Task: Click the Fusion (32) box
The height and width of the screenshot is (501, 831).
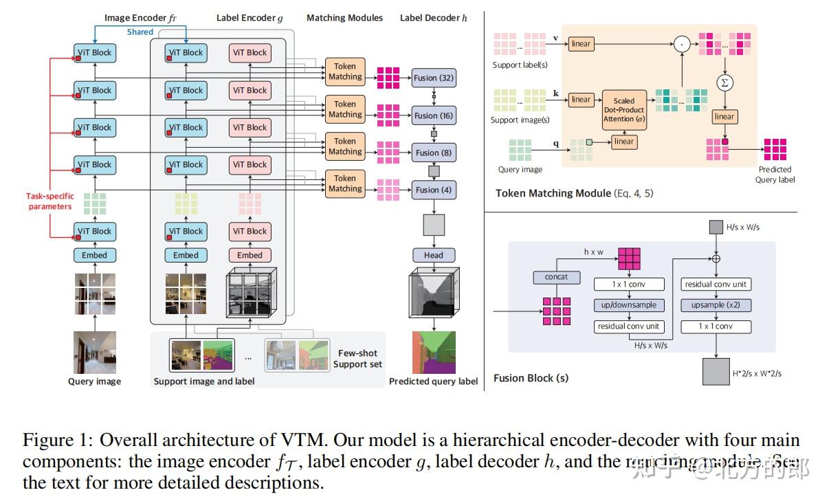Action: (x=434, y=78)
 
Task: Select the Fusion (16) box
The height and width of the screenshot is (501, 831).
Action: (x=434, y=115)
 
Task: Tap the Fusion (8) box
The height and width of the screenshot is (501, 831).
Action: (x=434, y=153)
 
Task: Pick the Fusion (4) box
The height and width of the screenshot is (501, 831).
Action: (x=434, y=190)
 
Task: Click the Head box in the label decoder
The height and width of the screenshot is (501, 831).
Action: (x=434, y=255)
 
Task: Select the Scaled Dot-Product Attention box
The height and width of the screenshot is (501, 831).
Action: (x=624, y=110)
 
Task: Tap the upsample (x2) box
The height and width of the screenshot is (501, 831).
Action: (x=716, y=305)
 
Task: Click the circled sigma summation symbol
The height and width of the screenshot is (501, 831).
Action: (x=723, y=82)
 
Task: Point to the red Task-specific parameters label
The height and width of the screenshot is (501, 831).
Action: (x=49, y=201)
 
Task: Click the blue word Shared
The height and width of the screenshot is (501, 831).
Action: (x=140, y=32)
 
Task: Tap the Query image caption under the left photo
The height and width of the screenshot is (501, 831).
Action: (x=94, y=381)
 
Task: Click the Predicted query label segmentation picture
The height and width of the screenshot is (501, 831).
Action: (x=434, y=352)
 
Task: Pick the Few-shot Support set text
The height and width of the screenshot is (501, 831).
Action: (x=357, y=359)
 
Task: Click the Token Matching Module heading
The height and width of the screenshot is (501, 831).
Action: (x=553, y=193)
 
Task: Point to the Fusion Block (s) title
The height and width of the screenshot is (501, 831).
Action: (x=531, y=378)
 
